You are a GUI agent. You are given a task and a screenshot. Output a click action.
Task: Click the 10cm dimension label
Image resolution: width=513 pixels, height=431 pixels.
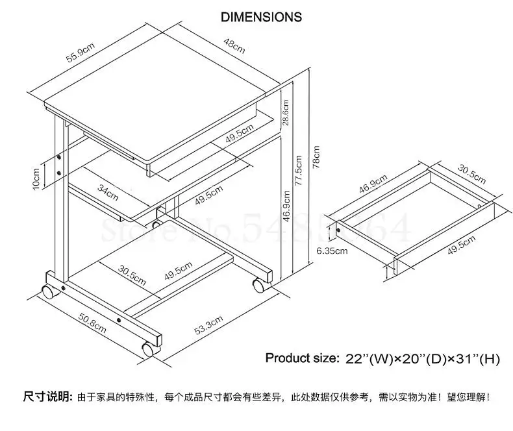coord(36,175)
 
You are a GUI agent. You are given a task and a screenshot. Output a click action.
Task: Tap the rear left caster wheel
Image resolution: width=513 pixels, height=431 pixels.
coord(49,291)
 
